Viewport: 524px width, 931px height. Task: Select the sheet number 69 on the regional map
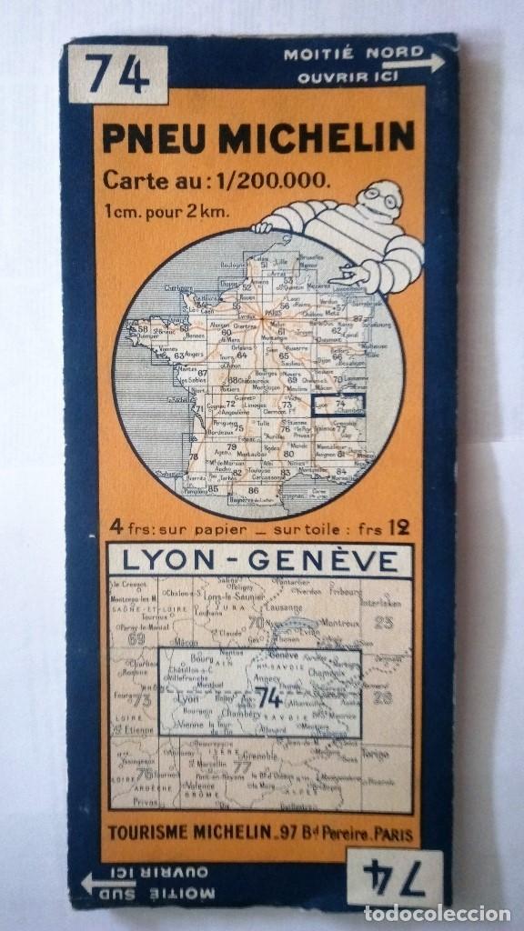[x=137, y=636]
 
